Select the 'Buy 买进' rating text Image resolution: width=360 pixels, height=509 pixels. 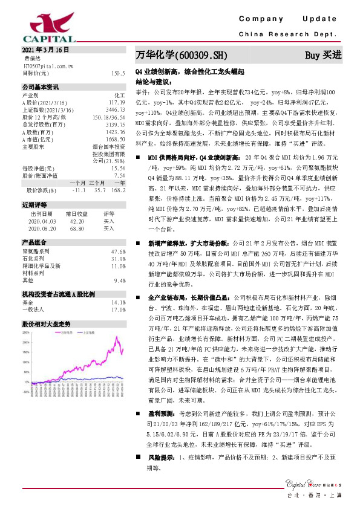(x=323, y=55)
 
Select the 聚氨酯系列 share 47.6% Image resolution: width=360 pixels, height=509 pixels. (x=119, y=251)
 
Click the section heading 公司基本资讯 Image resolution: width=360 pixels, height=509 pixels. (x=41, y=87)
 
